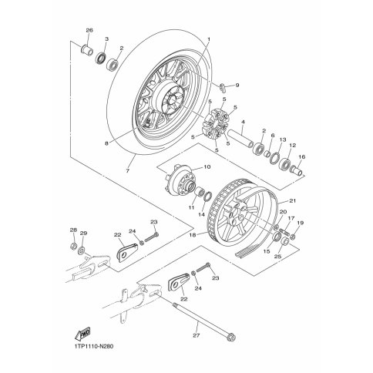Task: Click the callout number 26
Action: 89,30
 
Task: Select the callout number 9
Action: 237,85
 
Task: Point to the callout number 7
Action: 128,170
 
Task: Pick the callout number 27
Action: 197,335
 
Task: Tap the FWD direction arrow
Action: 83,334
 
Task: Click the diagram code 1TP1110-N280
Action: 91,347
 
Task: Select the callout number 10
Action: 207,167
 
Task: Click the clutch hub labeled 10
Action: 180,183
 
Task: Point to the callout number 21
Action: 286,200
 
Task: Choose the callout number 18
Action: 200,234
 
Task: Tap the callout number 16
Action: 302,156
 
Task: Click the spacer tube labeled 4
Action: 240,138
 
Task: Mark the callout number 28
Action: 73,230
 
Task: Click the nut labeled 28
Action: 73,246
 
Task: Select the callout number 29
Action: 84,234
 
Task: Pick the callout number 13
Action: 283,140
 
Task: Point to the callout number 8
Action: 107,143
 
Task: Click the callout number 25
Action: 278,256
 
